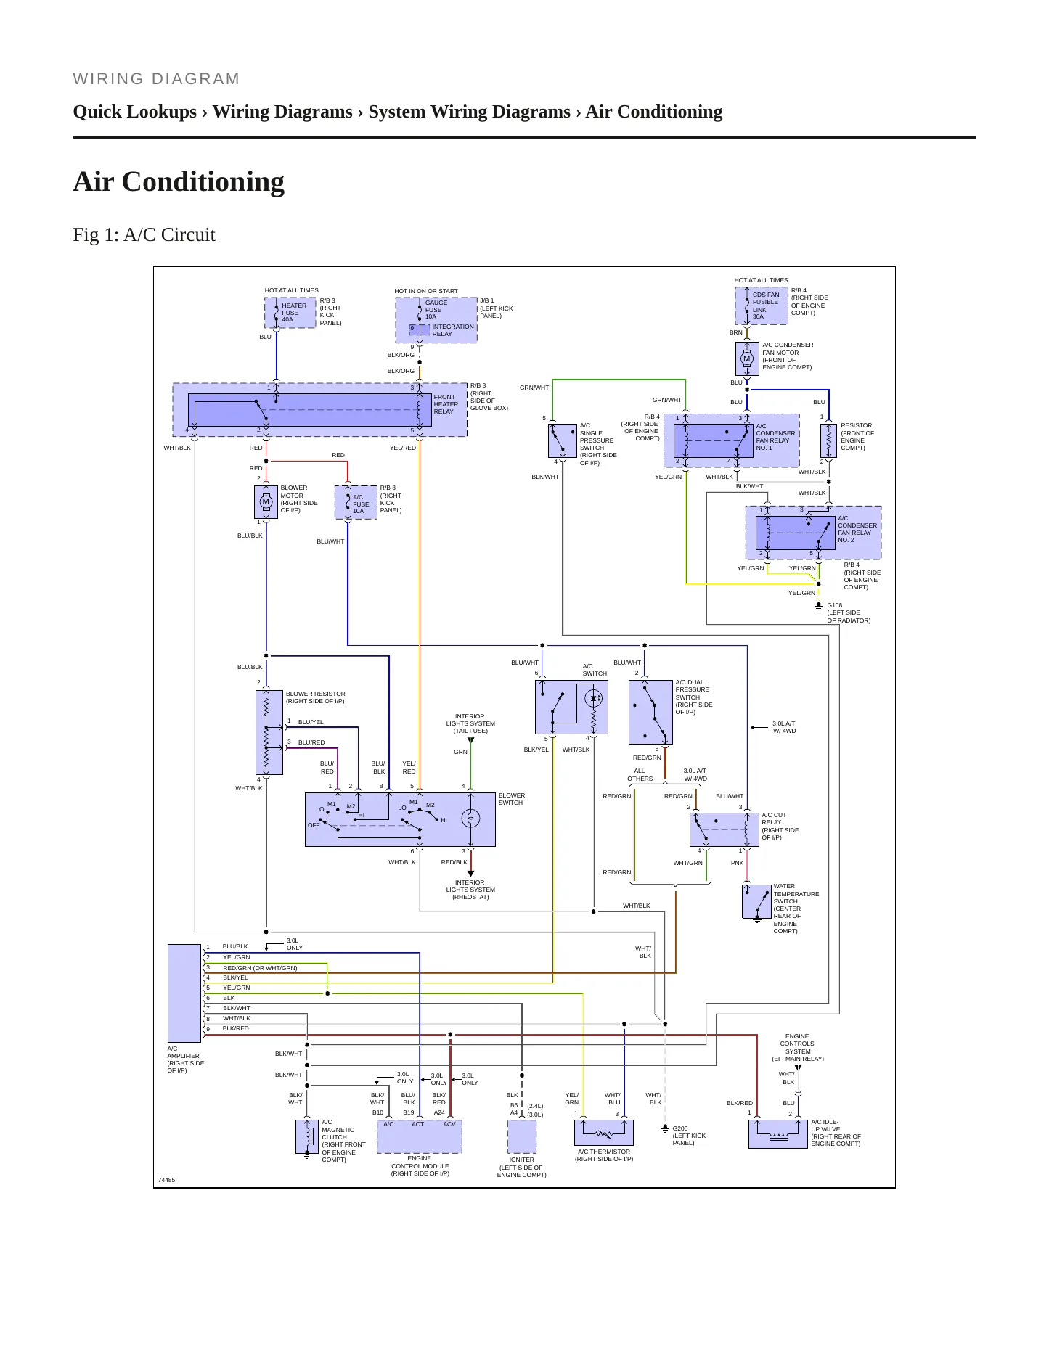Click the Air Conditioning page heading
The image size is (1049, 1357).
coord(179,181)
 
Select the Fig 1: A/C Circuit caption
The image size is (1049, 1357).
coord(144,234)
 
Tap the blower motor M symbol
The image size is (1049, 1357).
coord(266,501)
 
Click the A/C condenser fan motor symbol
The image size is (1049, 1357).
coord(746,358)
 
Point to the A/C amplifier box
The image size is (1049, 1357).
coord(184,993)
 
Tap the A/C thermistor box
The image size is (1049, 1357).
coord(604,1133)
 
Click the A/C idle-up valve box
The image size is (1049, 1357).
coord(778,1134)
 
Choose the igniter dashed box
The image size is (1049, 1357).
coord(522,1136)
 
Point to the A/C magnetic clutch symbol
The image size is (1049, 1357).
coord(307,1136)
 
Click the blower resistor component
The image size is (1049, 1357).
coord(266,732)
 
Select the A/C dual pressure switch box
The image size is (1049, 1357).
coord(650,712)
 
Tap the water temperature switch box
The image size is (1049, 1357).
coord(756,902)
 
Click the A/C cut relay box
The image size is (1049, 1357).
coord(724,829)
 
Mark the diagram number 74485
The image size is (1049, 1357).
coord(167,1180)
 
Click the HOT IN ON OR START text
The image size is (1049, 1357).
coord(426,291)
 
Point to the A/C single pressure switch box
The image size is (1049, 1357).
coord(563,440)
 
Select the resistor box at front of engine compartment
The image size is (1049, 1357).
coord(828,440)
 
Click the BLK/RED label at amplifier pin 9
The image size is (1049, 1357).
coord(235,1028)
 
